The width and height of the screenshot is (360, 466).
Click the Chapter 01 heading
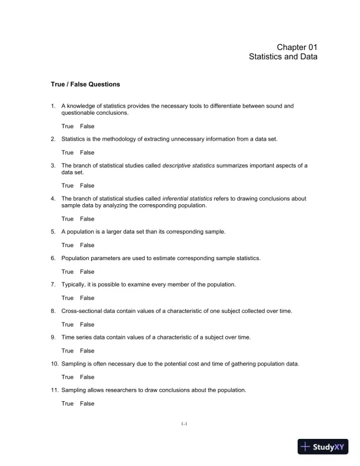coord(297,47)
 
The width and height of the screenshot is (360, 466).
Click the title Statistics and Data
coord(283,57)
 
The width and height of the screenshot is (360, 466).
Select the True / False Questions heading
coord(85,84)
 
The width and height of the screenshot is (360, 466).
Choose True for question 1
coord(68,126)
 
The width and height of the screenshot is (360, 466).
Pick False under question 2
coord(87,152)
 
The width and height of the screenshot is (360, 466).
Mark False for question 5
coord(87,245)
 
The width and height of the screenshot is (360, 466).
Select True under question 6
coord(68,272)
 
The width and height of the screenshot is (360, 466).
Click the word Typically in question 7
coord(74,285)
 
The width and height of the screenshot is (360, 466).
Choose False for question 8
coord(87,324)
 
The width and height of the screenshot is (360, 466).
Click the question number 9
coord(54,337)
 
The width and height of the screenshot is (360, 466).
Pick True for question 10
coord(68,377)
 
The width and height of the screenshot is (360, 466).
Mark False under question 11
coord(87,404)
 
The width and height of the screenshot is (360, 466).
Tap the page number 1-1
coord(184,423)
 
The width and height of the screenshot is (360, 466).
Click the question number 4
coord(54,199)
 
